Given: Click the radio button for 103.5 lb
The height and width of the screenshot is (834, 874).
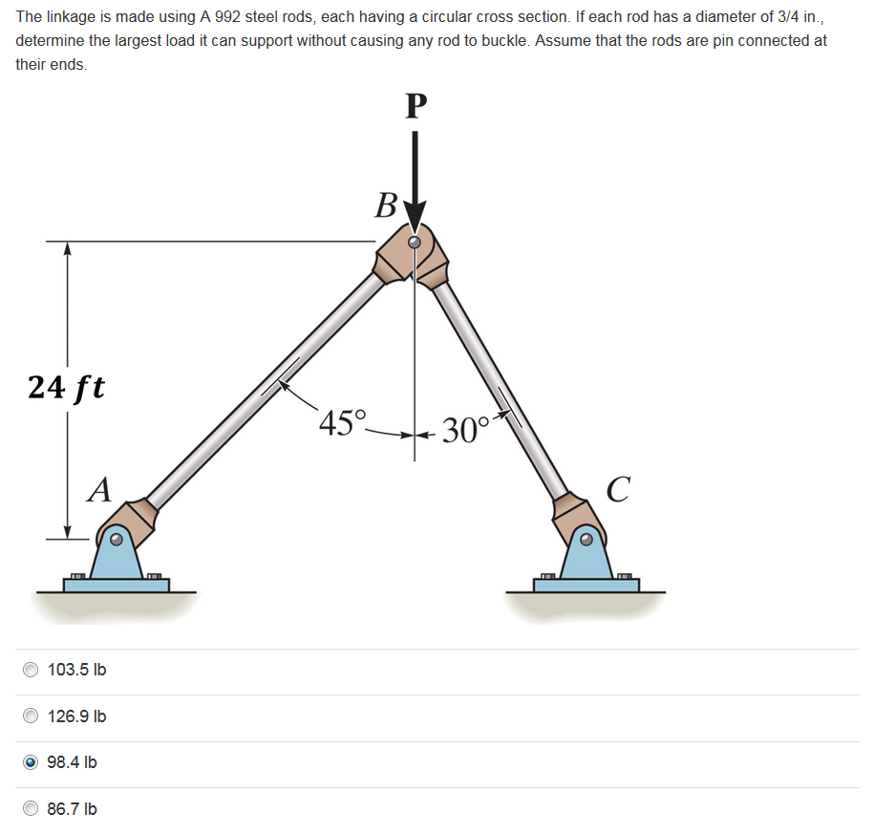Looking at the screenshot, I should (x=32, y=670).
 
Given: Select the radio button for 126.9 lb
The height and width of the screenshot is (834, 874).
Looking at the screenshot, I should (x=32, y=716).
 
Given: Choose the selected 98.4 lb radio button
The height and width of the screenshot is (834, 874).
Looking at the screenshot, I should (x=32, y=762).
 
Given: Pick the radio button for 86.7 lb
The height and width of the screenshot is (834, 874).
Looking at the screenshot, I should (x=32, y=809).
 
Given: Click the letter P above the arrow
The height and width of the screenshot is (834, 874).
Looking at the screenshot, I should (x=414, y=105).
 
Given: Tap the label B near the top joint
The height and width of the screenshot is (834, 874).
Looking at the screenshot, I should (x=386, y=204).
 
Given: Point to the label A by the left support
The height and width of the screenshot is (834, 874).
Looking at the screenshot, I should (x=97, y=490).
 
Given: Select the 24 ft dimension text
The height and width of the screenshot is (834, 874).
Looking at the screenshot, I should (x=66, y=387).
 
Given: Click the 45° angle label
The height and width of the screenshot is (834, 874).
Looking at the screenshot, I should (x=342, y=421).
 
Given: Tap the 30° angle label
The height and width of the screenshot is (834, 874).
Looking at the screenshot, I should (x=466, y=431).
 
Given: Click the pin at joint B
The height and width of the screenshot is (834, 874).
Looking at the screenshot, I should (x=414, y=243).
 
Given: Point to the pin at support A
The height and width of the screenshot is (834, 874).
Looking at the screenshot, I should (x=116, y=540).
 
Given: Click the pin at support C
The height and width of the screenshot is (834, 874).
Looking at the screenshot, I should (x=586, y=540).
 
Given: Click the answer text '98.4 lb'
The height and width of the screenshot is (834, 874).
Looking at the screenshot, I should (x=72, y=762).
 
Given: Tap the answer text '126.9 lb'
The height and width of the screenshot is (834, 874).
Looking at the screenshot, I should (x=76, y=716).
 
